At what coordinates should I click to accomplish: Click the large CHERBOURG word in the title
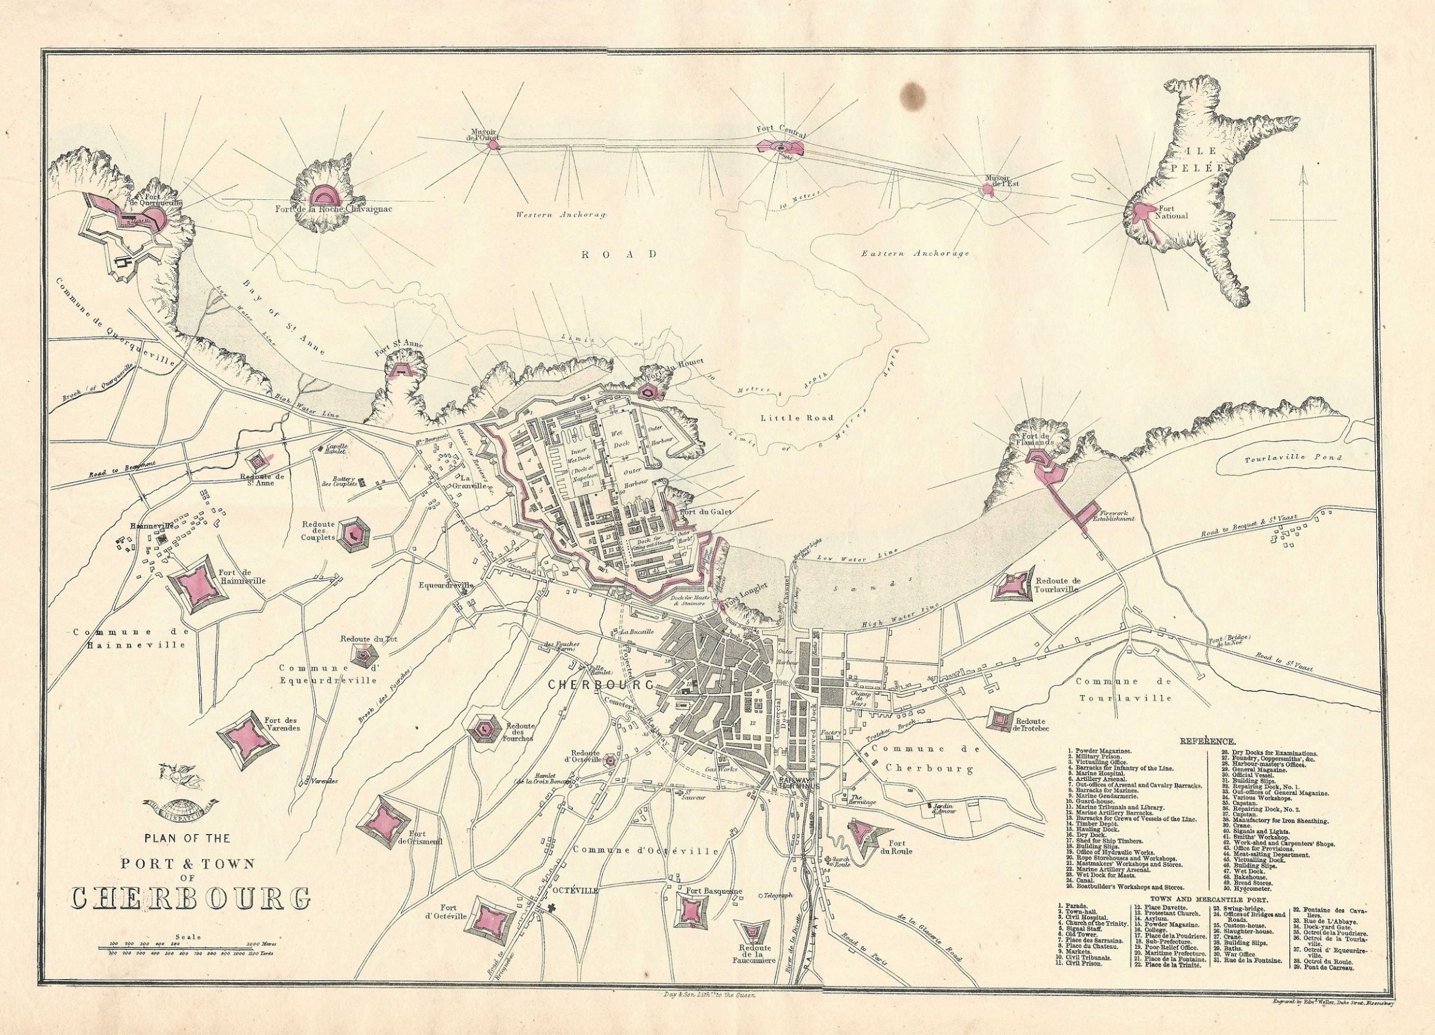191,899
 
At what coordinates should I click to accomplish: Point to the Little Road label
797,418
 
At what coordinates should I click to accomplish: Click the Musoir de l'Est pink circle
989,189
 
